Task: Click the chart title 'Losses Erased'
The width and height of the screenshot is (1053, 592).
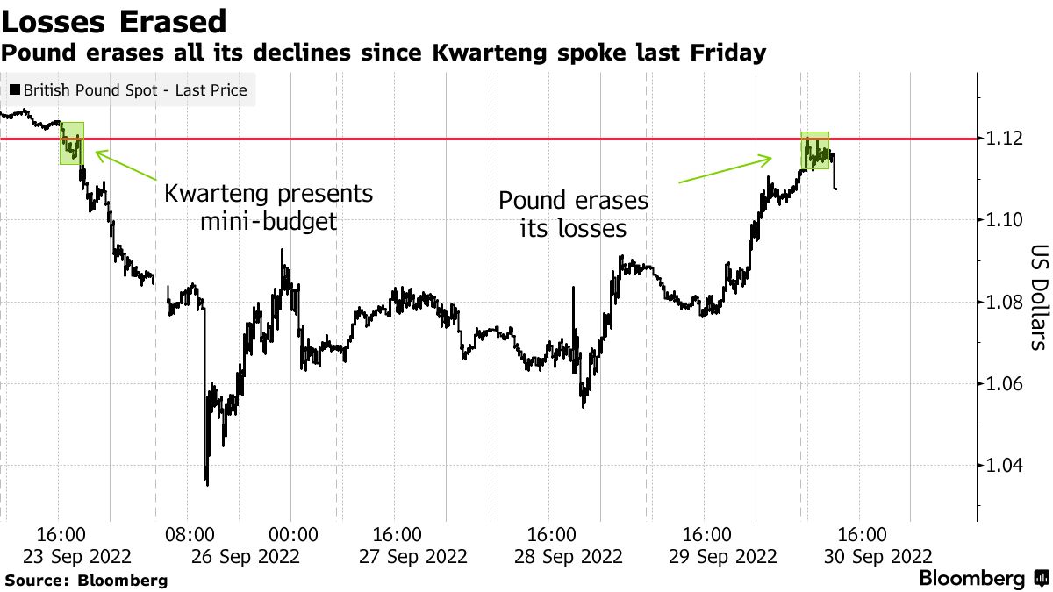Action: pyautogui.click(x=115, y=21)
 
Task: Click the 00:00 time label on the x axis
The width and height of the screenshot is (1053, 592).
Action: pyautogui.click(x=292, y=534)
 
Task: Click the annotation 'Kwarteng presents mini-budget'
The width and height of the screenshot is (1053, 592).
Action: pyautogui.click(x=269, y=207)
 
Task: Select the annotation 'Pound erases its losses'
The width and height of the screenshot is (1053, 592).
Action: pyautogui.click(x=574, y=214)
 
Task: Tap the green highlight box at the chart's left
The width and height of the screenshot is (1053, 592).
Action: pyautogui.click(x=71, y=143)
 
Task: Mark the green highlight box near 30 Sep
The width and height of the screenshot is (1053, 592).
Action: pyautogui.click(x=815, y=151)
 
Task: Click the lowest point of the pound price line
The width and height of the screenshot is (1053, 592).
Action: pyautogui.click(x=206, y=482)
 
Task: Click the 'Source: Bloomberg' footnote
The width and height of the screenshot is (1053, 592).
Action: pyautogui.click(x=86, y=580)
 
